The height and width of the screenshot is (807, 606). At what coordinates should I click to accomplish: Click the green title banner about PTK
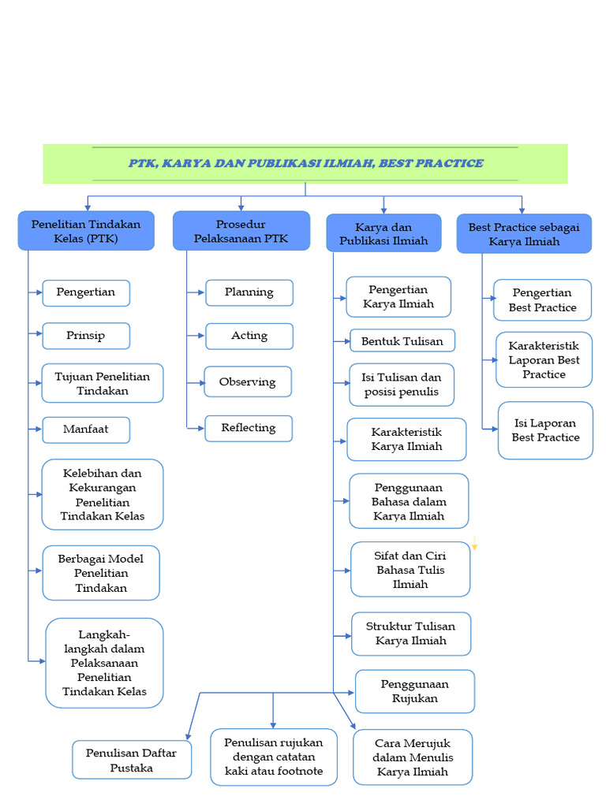point(305,163)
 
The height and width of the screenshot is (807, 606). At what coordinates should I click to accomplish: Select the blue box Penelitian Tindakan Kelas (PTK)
point(86,231)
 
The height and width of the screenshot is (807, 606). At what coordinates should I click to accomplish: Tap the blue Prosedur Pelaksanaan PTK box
point(241,231)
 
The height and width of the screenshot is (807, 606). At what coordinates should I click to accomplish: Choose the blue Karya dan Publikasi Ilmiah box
point(383,233)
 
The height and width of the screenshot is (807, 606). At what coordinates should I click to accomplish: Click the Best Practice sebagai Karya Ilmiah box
point(524,234)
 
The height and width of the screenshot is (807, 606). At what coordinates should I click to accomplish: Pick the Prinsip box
point(86,336)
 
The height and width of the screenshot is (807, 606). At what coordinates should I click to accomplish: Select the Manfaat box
point(86,430)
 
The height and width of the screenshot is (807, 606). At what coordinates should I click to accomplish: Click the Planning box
point(249,292)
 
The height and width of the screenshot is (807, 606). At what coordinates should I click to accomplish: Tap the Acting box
point(249,336)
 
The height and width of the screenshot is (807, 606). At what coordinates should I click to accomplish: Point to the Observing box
point(248,381)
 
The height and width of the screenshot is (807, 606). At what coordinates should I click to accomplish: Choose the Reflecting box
point(249,428)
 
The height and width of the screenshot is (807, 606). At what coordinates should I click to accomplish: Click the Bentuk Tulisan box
point(402,341)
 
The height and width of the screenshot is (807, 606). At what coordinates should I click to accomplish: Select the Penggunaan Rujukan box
point(415,691)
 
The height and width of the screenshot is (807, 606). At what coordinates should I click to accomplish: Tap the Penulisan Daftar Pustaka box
point(132,760)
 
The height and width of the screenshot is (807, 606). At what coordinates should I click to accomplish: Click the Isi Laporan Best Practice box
point(545,430)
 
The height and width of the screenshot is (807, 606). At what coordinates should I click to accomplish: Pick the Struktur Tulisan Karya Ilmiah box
point(411,634)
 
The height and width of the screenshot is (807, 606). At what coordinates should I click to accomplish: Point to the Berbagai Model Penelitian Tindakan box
point(101,573)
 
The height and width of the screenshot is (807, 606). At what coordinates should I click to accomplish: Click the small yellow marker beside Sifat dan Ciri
point(475,543)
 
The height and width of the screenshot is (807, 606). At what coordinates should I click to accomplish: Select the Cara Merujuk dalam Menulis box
point(413,757)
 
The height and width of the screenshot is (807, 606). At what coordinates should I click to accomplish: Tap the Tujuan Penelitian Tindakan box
point(103,383)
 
